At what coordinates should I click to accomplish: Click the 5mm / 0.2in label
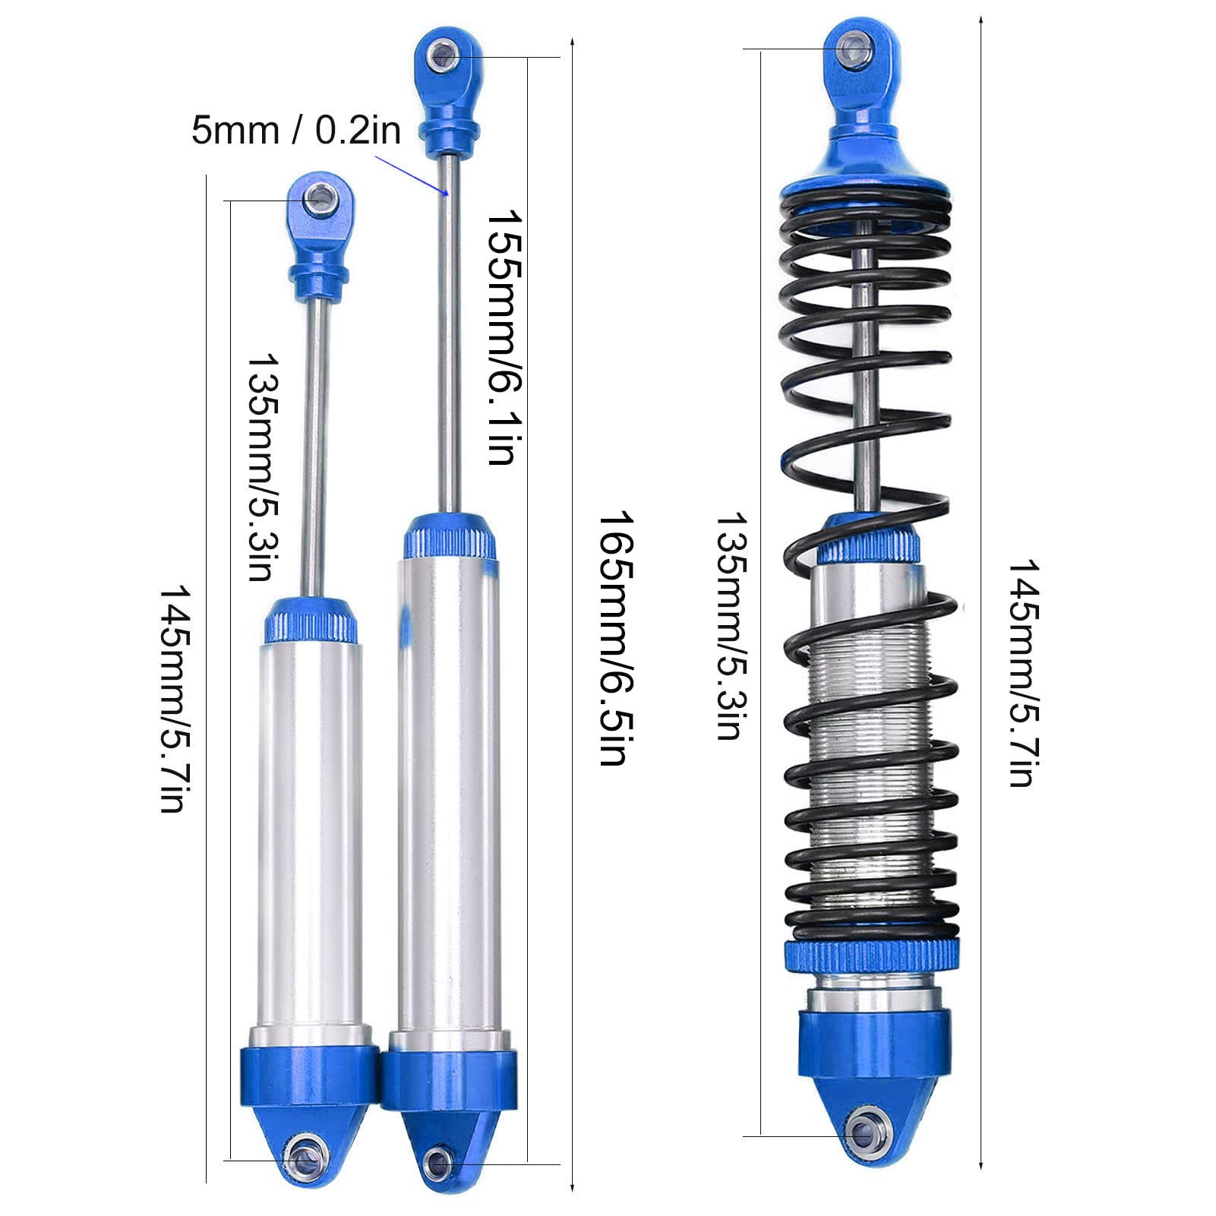tap(295, 130)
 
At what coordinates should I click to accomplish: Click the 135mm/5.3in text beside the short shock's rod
tap(261, 466)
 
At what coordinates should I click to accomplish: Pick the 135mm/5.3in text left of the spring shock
tap(728, 625)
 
